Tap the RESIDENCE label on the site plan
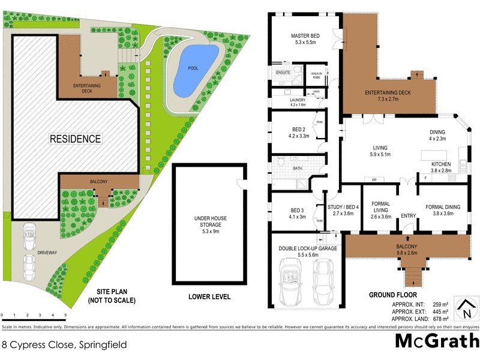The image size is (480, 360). (75, 139)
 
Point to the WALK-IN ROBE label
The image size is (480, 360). (316, 76)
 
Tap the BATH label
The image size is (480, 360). (298, 169)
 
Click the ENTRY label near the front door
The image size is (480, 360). (408, 216)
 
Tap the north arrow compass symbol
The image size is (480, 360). (464, 310)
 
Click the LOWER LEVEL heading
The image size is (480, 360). (209, 297)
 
